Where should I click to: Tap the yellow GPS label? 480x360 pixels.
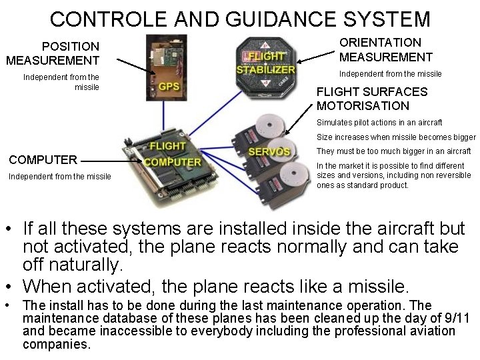169,86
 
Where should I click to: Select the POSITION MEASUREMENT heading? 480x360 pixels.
53,53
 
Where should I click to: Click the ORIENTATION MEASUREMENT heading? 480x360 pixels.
386,50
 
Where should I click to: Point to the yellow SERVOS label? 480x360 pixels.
269,151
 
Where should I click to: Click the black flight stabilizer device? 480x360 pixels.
265,67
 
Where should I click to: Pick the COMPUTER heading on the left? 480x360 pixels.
43,160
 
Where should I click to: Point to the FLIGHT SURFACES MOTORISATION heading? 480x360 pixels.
372,99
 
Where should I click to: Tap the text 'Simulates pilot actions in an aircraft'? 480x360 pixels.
379,123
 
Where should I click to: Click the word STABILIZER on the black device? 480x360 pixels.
265,69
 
